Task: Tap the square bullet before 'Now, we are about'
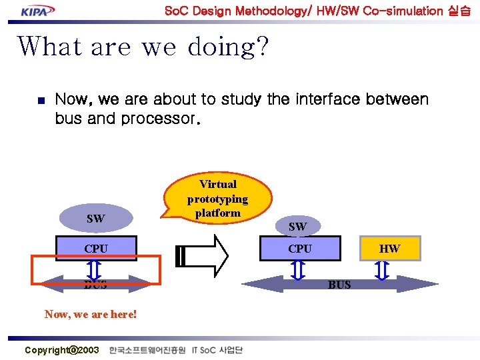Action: tap(39, 101)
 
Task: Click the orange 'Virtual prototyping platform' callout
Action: tap(217, 198)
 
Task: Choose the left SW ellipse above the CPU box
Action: tap(95, 219)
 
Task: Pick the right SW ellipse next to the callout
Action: tap(297, 227)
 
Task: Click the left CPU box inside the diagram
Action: tap(96, 249)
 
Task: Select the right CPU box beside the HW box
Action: tap(299, 249)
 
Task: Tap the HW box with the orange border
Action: tap(390, 249)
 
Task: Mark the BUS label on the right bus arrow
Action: tap(339, 285)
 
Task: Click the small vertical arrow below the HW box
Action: tap(381, 270)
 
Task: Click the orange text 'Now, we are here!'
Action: tap(91, 313)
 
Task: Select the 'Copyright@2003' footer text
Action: tap(61, 350)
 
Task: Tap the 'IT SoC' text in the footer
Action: tap(203, 350)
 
